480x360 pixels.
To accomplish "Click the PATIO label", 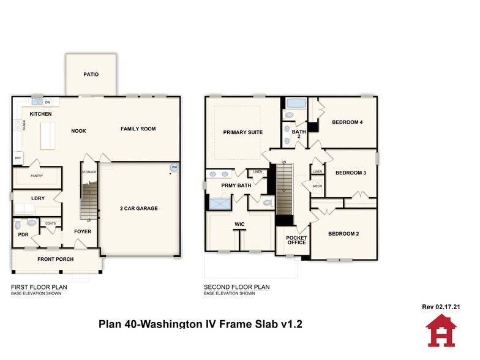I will point(91,75).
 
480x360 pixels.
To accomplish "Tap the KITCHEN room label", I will point(41,114).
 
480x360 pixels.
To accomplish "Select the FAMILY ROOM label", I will point(138,129).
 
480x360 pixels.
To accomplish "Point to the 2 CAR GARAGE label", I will point(138,209).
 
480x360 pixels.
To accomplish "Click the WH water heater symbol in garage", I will point(174,167).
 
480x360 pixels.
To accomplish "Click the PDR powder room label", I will point(23,234).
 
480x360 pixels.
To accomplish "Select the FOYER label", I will point(83,232).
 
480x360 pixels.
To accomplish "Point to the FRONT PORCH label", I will point(56,259).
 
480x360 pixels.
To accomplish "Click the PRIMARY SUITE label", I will point(242,132).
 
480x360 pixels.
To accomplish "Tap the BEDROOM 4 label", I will point(347,122).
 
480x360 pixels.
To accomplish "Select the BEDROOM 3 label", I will point(351,173).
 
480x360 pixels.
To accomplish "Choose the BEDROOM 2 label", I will point(343,234).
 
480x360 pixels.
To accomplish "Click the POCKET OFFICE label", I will point(297,240).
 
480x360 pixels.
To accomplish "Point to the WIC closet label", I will point(239,225).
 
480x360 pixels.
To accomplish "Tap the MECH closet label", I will point(317,186).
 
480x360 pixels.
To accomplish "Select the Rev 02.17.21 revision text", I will point(441,307).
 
